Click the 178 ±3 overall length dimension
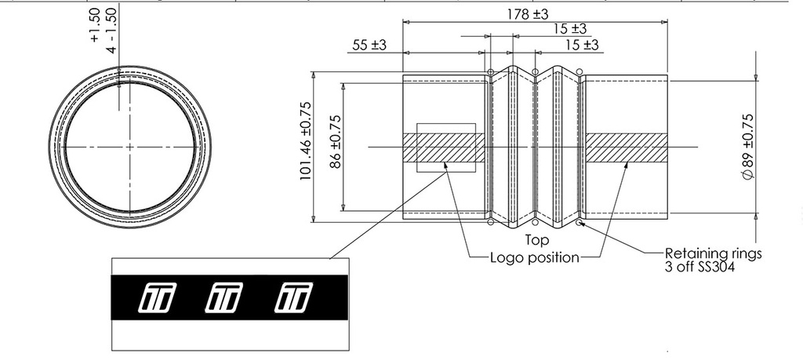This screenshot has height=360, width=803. [528, 14]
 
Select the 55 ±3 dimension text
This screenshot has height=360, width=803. [369, 45]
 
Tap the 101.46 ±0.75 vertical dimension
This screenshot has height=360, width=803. [305, 141]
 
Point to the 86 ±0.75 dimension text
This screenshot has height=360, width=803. [336, 142]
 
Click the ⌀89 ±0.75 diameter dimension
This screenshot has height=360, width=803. [747, 147]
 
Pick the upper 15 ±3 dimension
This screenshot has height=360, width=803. [569, 29]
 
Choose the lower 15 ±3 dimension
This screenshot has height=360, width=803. [582, 45]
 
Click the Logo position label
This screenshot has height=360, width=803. [535, 257]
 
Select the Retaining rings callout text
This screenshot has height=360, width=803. [714, 253]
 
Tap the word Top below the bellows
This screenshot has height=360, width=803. [536, 240]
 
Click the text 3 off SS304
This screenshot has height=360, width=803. [699, 267]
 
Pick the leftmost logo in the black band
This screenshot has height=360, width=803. [157, 297]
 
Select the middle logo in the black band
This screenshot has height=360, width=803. [223, 297]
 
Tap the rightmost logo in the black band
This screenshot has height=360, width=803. [293, 297]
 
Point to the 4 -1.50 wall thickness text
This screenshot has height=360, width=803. [111, 31]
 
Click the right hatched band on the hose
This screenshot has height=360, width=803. [627, 148]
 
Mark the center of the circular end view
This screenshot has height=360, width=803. [129, 147]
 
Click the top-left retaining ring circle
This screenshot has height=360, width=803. [491, 72]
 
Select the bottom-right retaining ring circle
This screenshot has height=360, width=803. [579, 222]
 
